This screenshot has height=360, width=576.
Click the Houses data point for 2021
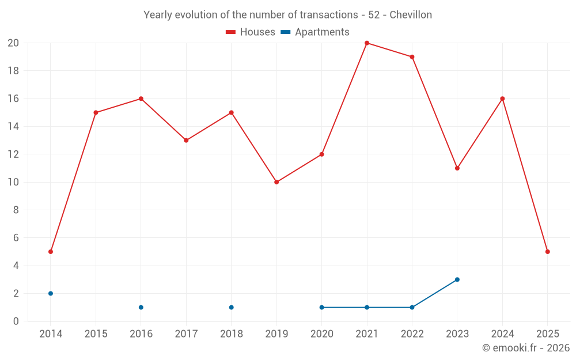(367, 43)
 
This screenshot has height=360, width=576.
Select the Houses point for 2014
(51, 252)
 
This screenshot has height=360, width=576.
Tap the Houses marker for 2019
(276, 182)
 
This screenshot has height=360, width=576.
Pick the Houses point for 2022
(412, 57)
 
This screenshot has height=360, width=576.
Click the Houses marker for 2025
(547, 252)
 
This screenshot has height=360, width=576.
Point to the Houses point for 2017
(186, 141)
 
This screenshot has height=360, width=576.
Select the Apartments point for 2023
(457, 279)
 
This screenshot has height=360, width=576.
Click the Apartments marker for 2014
(51, 293)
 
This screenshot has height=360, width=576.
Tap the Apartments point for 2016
(141, 308)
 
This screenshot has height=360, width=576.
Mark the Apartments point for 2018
(231, 308)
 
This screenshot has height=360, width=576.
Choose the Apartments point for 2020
(321, 308)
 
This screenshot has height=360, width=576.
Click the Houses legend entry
(251, 32)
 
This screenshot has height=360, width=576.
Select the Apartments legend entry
(316, 32)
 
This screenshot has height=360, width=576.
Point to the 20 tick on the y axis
(13, 43)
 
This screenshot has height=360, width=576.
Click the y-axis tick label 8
(16, 210)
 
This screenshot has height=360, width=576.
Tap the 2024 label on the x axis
(502, 334)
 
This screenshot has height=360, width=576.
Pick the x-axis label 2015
(96, 334)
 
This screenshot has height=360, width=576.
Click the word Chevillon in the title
(411, 15)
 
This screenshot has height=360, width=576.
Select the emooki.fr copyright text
(526, 348)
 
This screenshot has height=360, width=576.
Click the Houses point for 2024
(502, 98)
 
